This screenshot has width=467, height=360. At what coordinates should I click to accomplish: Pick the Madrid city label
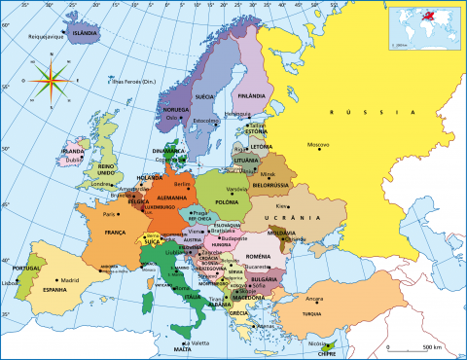(x=69, y=280)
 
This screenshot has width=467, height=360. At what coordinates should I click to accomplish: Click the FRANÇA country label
(x=116, y=234)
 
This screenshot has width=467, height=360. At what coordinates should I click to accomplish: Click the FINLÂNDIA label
(x=251, y=96)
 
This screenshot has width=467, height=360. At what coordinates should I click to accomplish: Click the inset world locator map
(x=422, y=26)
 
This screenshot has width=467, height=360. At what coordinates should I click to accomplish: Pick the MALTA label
(x=182, y=349)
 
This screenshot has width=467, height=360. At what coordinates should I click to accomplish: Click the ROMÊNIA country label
(x=258, y=255)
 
